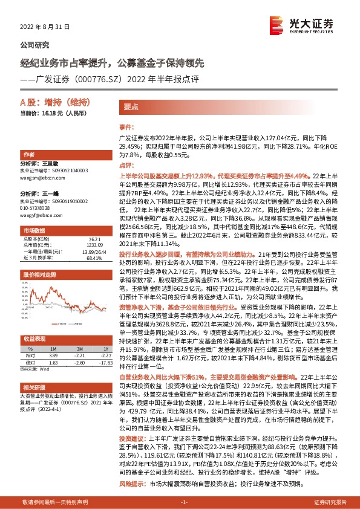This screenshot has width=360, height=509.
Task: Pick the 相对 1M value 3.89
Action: [53, 355]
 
